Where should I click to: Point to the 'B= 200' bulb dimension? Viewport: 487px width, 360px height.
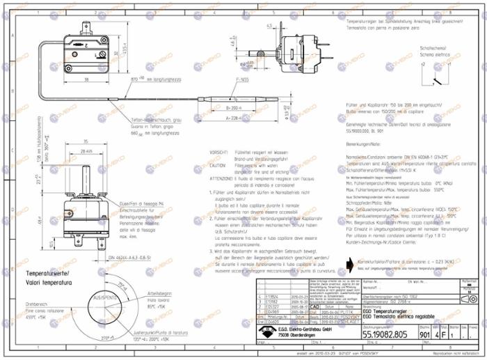pyautogui.click(x=236, y=109)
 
